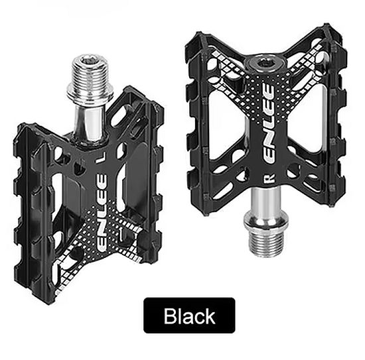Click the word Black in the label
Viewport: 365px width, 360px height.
pyautogui.click(x=189, y=316)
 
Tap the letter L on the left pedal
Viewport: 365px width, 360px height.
pyautogui.click(x=101, y=160)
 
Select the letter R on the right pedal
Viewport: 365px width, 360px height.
pyautogui.click(x=269, y=178)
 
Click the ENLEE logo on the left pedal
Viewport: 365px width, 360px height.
pyautogui.click(x=102, y=213)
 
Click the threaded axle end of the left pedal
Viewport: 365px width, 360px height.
pyautogui.click(x=90, y=70)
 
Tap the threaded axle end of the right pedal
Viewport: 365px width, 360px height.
pyautogui.click(x=267, y=243)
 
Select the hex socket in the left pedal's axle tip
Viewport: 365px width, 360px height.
pyautogui.click(x=90, y=60)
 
